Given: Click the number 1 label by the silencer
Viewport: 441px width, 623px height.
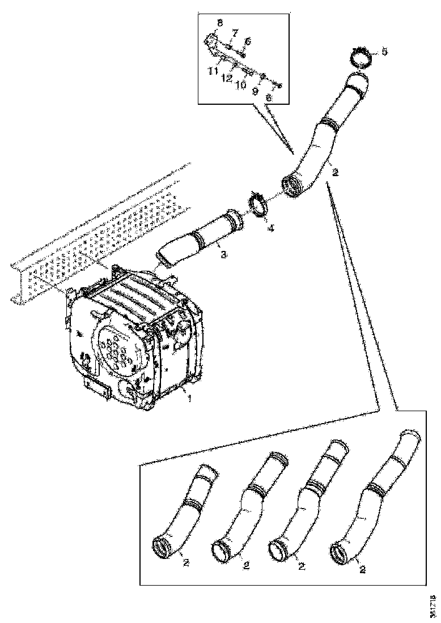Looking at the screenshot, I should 190,399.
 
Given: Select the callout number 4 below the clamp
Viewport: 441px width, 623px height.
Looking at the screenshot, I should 271,228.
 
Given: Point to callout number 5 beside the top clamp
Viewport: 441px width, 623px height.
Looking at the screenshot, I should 384,52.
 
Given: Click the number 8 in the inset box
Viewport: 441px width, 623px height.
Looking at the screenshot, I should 220,23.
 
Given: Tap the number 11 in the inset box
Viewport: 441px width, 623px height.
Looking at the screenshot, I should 213,71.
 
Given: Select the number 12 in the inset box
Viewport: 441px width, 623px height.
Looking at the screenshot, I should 227,79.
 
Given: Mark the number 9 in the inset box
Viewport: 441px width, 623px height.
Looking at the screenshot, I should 255,90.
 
